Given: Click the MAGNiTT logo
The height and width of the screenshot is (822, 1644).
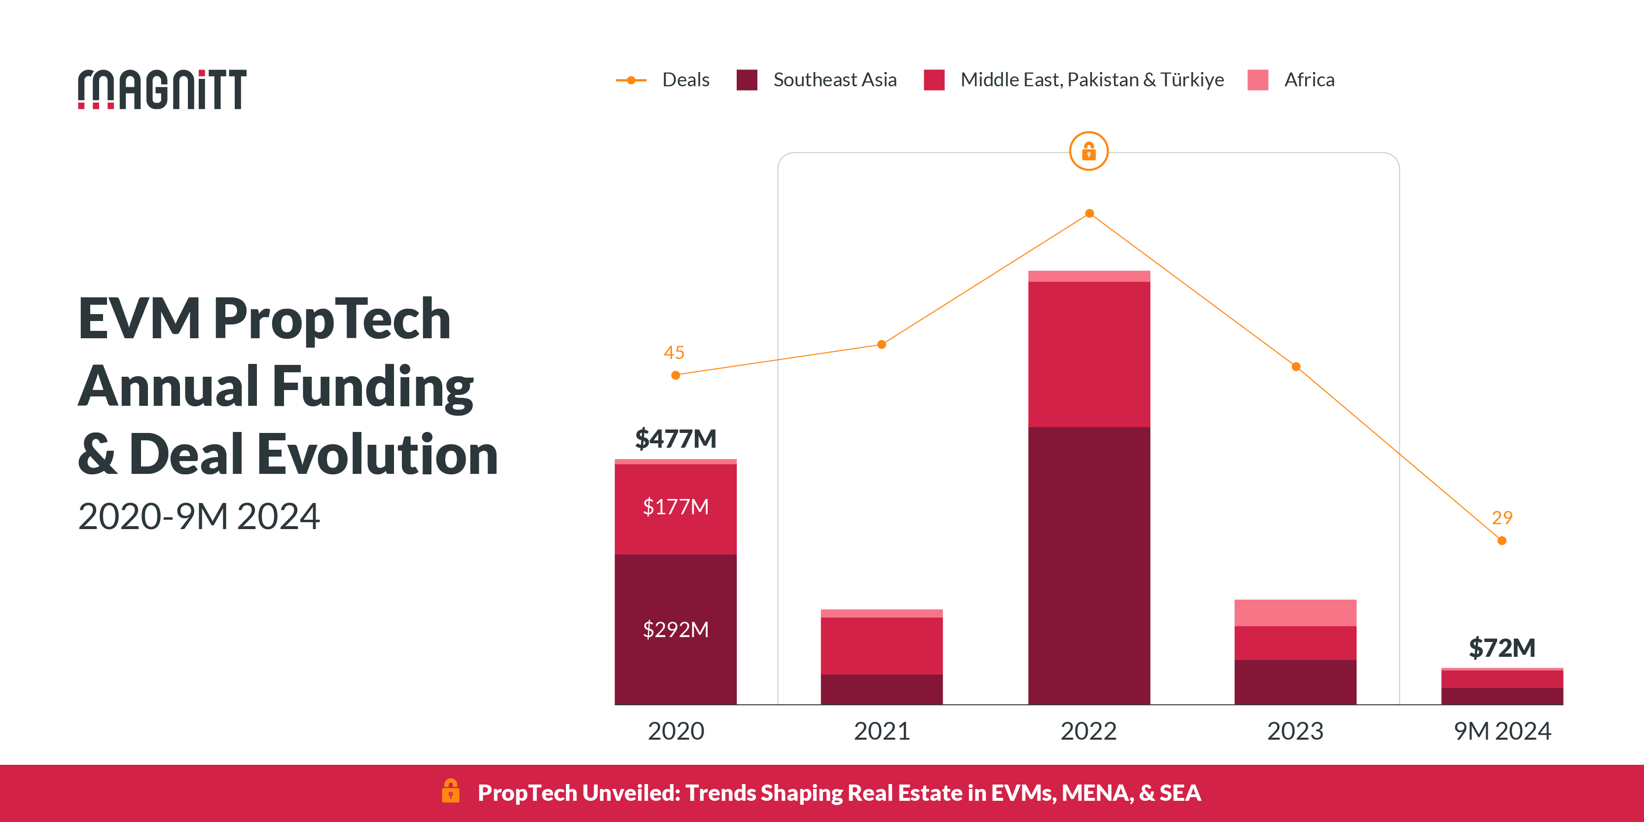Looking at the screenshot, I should point(162,89).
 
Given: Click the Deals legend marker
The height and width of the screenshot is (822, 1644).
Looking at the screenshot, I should point(631,80).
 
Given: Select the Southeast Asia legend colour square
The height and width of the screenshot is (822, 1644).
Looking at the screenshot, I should point(747,80).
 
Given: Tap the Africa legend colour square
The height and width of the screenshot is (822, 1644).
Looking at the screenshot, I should point(1257,80).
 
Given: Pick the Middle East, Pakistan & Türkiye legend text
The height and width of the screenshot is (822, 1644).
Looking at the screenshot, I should point(1092,80).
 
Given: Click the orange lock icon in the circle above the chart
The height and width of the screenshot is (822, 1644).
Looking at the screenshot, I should point(1089,151).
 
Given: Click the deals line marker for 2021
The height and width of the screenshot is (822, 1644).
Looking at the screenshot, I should point(881,345).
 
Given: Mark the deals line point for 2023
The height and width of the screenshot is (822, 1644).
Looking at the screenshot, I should point(1295,367).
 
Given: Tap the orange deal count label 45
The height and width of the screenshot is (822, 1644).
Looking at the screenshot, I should point(674,352).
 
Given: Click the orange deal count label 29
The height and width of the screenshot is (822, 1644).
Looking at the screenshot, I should point(1501,518).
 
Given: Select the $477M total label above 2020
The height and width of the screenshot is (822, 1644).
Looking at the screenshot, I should point(675,439).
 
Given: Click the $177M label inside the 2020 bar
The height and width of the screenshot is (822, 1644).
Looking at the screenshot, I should point(675,507).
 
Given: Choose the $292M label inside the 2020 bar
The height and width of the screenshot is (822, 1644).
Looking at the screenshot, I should point(675,629).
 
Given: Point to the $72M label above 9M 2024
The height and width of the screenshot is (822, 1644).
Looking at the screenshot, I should point(1501,648).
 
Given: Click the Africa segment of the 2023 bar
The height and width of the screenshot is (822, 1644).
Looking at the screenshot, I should point(1295,612).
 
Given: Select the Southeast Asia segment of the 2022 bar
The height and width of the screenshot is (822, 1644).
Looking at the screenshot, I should point(1089,565).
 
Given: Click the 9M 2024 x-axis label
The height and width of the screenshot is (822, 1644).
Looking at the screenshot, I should point(1501,731).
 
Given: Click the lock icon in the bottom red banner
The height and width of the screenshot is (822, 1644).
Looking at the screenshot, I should point(451,791).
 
